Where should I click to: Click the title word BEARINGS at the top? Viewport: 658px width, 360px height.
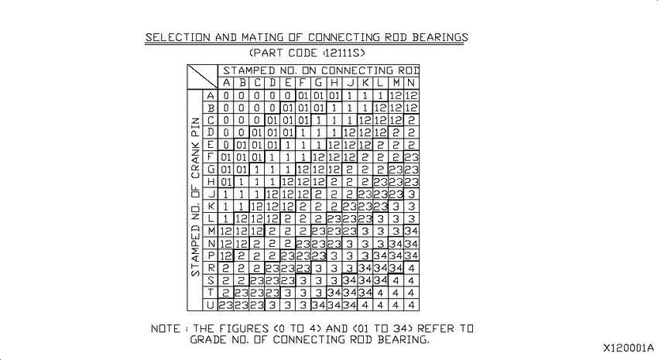click(440, 37)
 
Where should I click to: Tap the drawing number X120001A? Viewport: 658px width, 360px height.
click(629, 348)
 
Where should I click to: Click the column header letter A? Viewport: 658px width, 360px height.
click(226, 83)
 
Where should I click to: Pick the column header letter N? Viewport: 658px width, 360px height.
click(411, 83)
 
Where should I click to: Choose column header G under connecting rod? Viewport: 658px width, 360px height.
click(318, 83)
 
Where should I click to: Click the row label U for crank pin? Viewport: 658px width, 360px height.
click(211, 305)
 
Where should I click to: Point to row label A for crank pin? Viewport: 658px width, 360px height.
click(211, 96)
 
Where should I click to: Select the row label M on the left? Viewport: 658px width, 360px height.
click(211, 231)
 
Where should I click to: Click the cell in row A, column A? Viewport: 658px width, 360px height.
click(226, 96)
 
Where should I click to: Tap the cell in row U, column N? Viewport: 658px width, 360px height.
click(411, 305)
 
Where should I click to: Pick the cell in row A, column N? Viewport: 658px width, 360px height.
click(411, 96)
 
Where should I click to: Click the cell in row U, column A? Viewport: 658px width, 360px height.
click(226, 305)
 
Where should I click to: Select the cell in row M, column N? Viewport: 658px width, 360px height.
click(411, 231)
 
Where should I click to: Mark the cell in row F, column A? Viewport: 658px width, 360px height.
click(226, 157)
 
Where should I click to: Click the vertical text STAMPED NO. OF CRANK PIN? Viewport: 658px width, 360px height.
click(196, 197)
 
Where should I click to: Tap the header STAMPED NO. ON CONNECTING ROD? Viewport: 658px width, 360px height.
click(321, 70)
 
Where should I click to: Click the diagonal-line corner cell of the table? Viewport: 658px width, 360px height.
click(202, 77)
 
